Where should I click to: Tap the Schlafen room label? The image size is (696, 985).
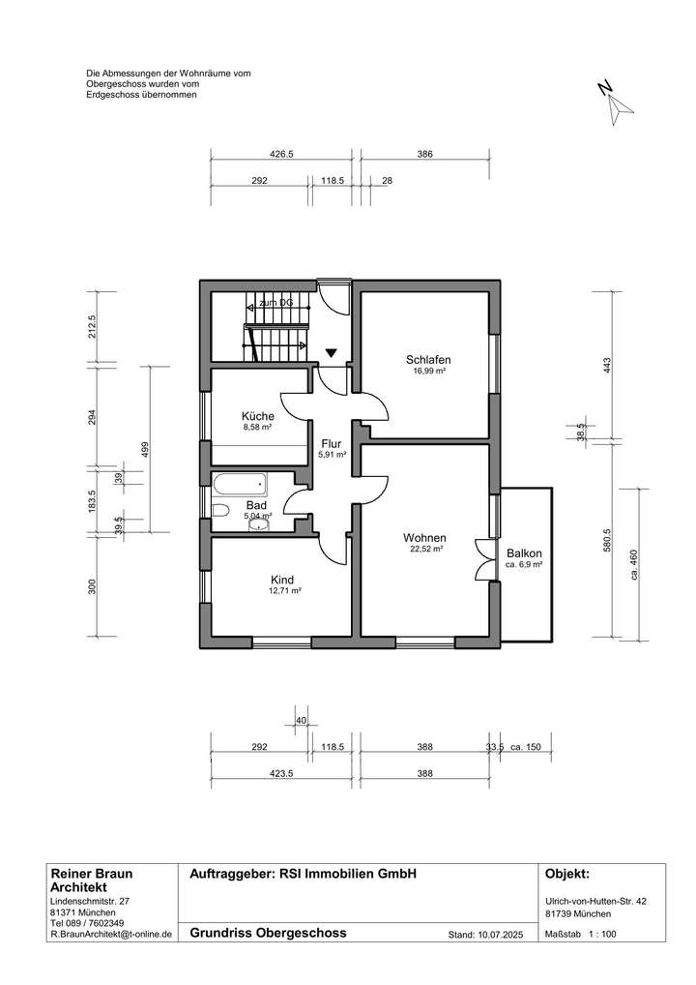429,359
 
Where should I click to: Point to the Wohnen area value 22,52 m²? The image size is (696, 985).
425,549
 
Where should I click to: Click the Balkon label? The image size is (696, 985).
524,553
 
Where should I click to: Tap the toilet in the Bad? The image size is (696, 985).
218,511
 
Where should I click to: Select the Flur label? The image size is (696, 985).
332,444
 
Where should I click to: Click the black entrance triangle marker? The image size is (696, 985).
332,354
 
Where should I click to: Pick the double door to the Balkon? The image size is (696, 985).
483,559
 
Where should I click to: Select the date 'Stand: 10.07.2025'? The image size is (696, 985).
486,936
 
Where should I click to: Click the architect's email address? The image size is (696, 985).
110,936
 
